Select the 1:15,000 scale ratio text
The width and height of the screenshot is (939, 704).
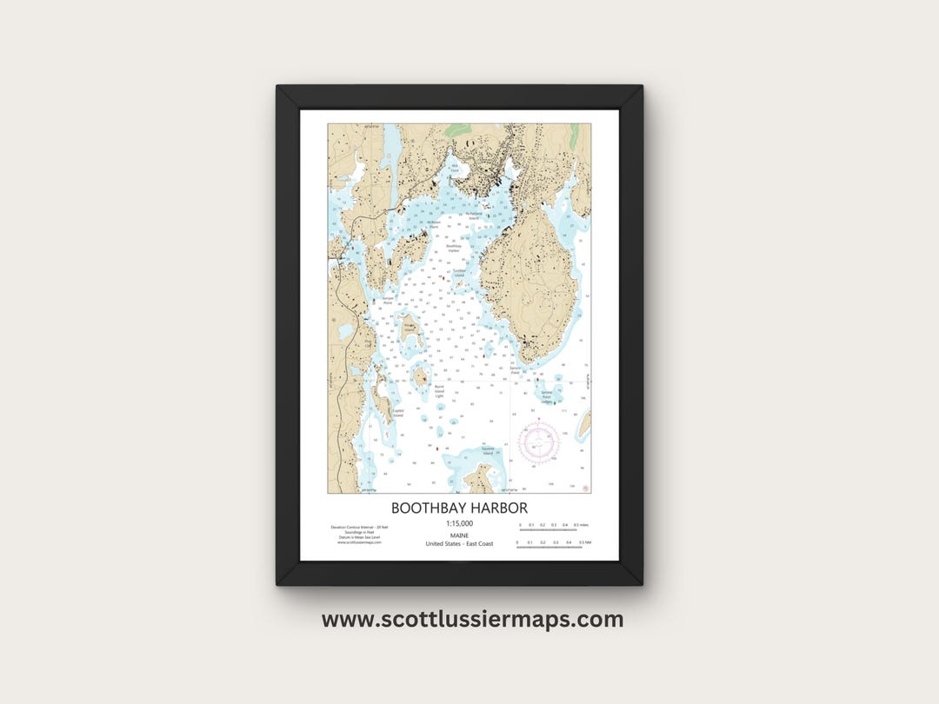459,524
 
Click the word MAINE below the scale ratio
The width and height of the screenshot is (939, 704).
459,535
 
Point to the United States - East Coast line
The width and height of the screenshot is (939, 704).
459,544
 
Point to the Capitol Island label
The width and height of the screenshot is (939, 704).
398,413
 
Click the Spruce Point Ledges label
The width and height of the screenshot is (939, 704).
547,396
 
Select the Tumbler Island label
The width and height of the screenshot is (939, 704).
459,273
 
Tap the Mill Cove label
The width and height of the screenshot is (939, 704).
454,167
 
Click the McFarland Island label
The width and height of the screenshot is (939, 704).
474,216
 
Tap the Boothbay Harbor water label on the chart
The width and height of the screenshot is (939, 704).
453,248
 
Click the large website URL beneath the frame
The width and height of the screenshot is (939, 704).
472,620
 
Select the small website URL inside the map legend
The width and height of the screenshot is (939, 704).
352,542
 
